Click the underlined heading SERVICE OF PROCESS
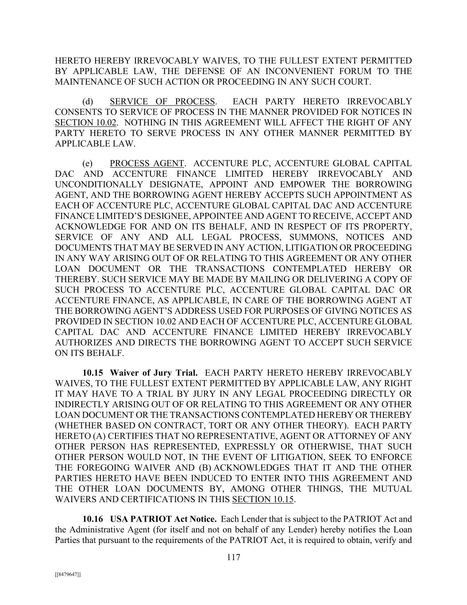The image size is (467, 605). (x=162, y=101)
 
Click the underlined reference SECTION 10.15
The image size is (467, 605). (x=263, y=500)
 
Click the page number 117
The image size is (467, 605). (x=233, y=558)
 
